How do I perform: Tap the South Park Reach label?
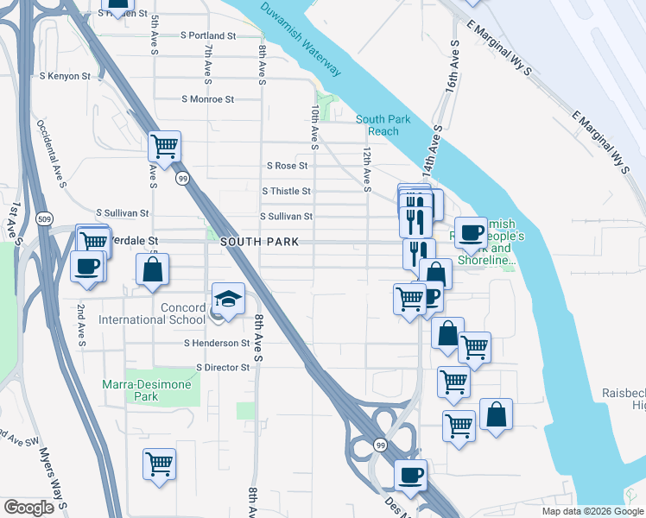(x=377, y=125)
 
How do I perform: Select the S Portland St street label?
(x=208, y=36)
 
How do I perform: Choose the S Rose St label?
(x=288, y=166)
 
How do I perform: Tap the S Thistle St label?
(x=285, y=192)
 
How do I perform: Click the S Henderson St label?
(x=217, y=344)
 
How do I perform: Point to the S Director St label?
(x=222, y=368)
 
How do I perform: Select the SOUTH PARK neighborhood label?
(x=259, y=243)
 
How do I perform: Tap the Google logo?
(x=28, y=508)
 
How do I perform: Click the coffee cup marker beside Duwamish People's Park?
(x=471, y=233)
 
